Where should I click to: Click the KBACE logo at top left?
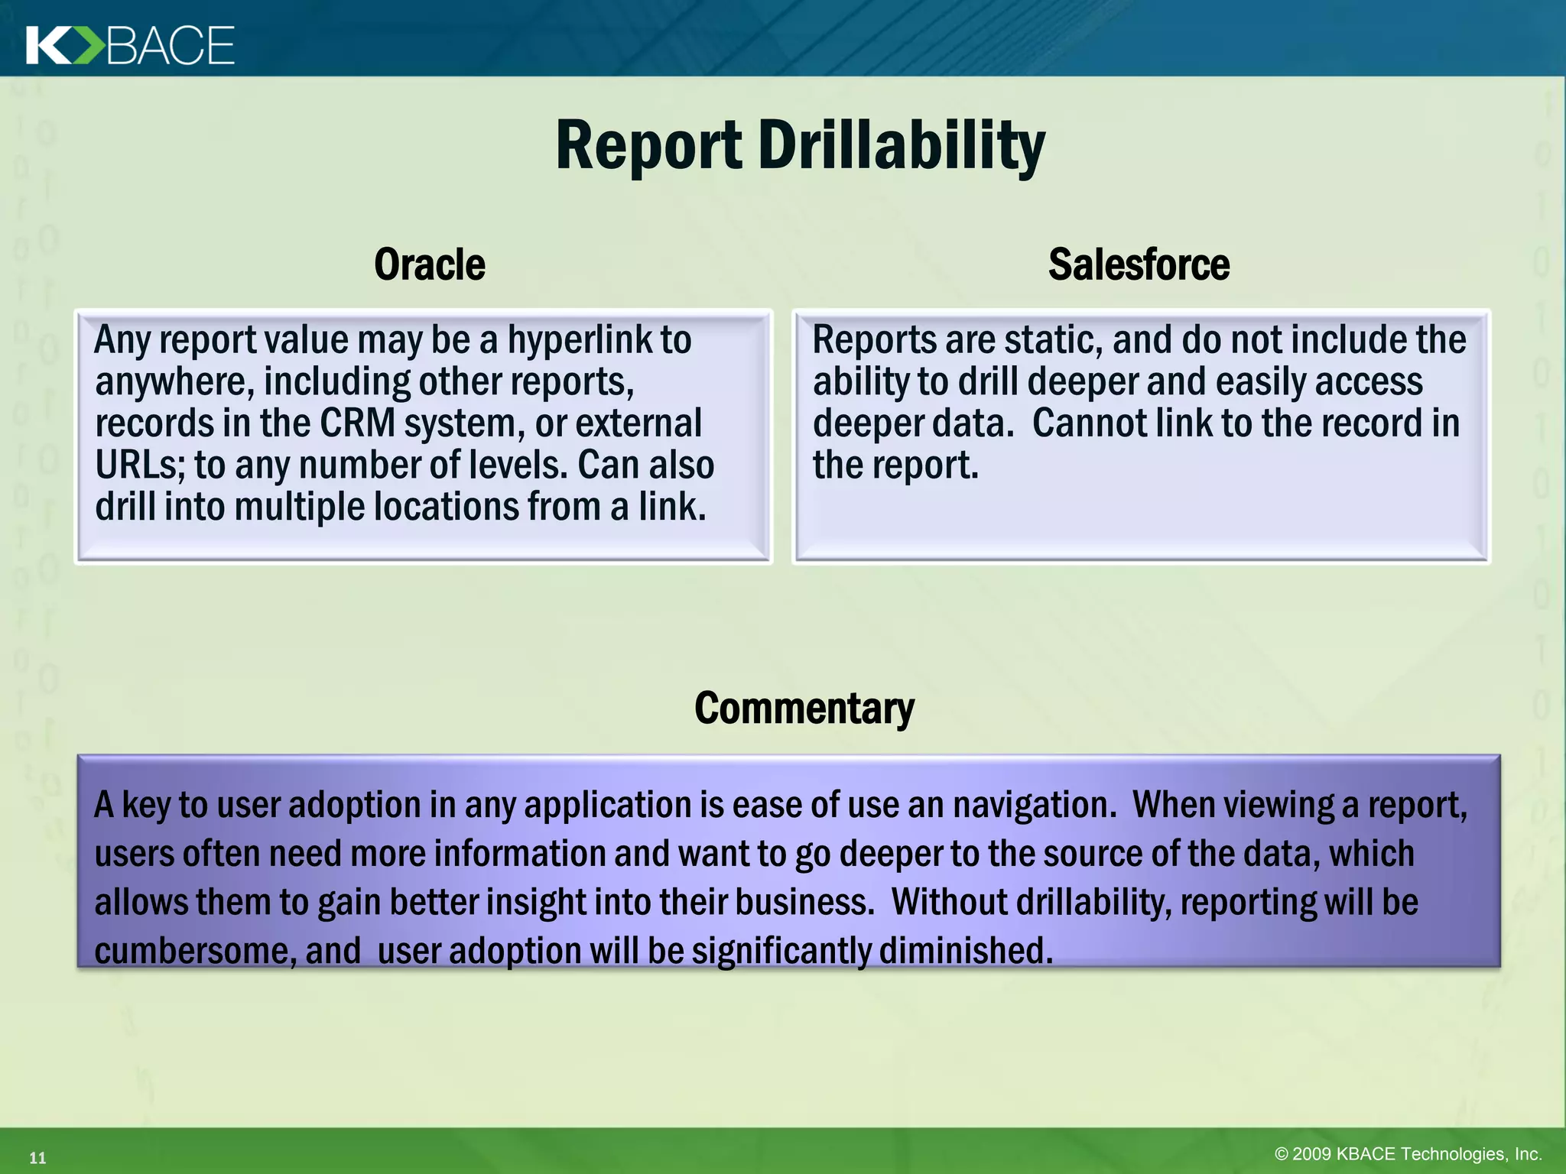pyautogui.click(x=130, y=45)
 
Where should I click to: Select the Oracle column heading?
pyautogui.click(x=430, y=264)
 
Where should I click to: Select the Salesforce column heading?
pyautogui.click(x=1139, y=264)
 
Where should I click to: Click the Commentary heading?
pyautogui.click(x=804, y=708)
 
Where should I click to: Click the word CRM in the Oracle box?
pyautogui.click(x=357, y=423)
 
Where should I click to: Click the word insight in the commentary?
pyautogui.click(x=535, y=903)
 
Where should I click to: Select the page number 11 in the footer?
pyautogui.click(x=37, y=1158)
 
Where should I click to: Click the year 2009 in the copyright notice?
pyautogui.click(x=1312, y=1154)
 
